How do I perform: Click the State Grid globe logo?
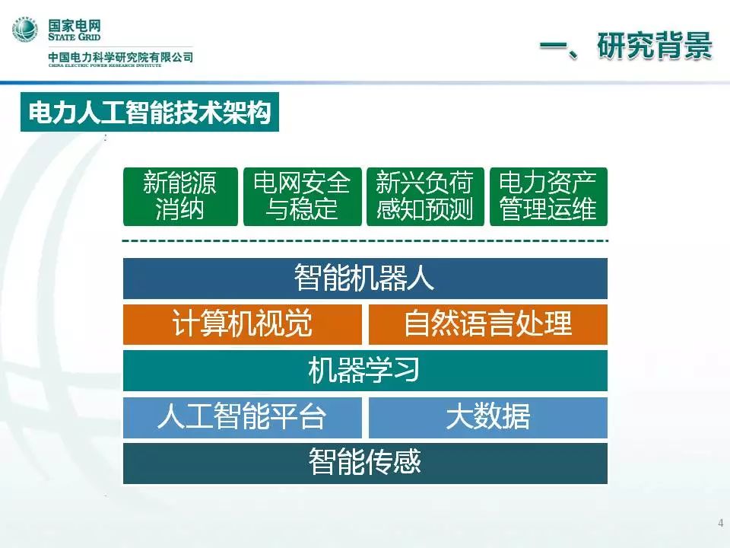tap(25, 29)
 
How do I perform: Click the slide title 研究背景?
tap(655, 46)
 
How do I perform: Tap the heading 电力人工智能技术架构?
tap(150, 112)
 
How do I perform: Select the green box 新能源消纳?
tap(180, 196)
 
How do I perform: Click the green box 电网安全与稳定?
tap(302, 196)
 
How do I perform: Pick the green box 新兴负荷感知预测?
tap(425, 196)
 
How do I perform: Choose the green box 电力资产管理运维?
tap(548, 196)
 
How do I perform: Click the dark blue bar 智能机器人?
tap(365, 279)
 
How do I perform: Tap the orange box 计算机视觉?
tap(242, 324)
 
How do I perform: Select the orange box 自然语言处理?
tap(488, 324)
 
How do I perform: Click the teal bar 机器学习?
tap(365, 371)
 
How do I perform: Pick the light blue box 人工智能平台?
tap(242, 417)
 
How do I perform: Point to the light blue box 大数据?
tap(488, 417)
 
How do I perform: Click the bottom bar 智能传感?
tap(365, 464)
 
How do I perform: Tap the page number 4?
tap(721, 522)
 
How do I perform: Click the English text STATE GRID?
tap(74, 37)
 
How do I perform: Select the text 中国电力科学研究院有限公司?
tap(121, 57)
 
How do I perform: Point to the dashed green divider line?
tap(365, 241)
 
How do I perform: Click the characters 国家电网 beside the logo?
tap(75, 25)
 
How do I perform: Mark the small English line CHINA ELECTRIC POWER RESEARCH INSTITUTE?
tap(105, 65)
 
